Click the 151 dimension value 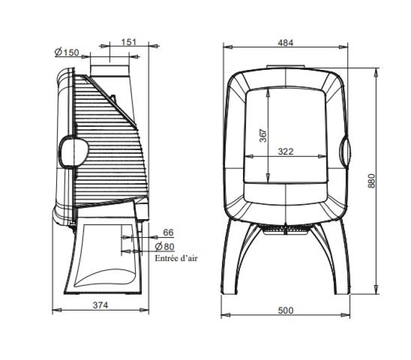point(128,42)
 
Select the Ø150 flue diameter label point(67,52)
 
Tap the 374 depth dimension point(100,305)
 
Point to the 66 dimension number point(169,232)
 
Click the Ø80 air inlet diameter point(165,246)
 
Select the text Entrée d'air point(176,258)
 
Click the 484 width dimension point(286,43)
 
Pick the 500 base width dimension point(286,311)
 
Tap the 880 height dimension point(371,181)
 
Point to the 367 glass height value point(263,135)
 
